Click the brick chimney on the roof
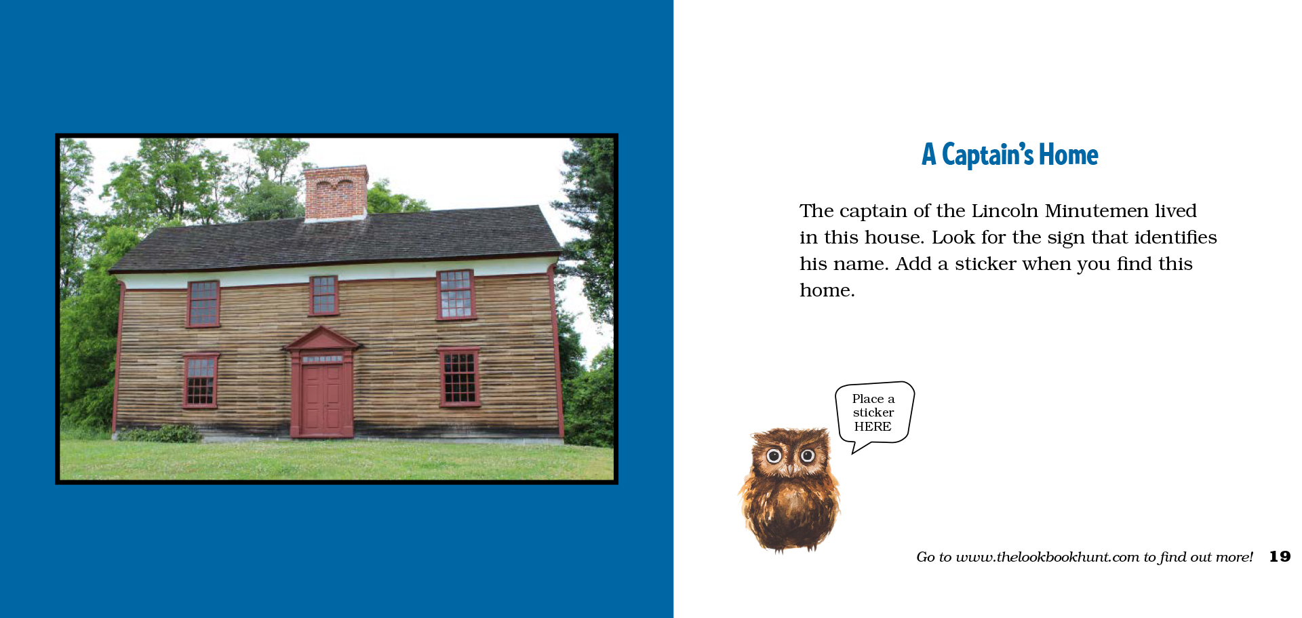336,193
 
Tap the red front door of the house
322,400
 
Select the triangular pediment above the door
322,339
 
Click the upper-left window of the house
203,303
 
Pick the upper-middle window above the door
324,295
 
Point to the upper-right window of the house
456,294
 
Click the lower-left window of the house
200,381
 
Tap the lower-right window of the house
459,377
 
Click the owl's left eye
774,457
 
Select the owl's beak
790,468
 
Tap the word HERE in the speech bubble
873,427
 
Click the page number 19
1280,557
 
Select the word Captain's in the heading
988,155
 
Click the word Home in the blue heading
1069,155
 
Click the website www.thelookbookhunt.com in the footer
1047,557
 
